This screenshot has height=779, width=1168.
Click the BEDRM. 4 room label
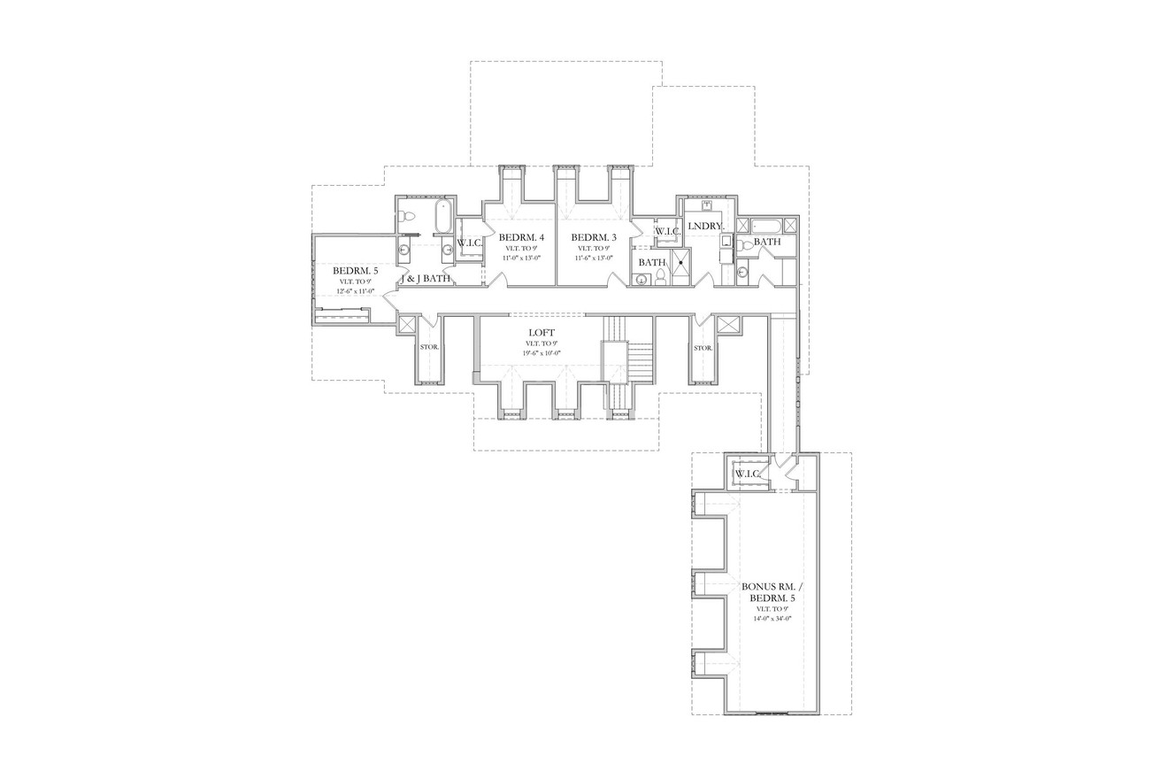(521, 237)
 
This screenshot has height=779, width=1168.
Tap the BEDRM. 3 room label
(593, 237)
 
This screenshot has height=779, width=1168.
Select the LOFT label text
(542, 333)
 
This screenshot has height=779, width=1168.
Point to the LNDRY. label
(705, 227)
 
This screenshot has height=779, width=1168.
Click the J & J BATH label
(426, 279)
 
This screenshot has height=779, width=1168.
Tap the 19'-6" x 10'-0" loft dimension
(542, 353)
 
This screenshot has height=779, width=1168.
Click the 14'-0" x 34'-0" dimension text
(772, 619)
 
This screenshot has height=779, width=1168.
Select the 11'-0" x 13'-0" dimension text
(521, 258)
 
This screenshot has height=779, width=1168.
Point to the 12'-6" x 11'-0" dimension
(355, 291)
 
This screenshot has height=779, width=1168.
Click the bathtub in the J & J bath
(442, 216)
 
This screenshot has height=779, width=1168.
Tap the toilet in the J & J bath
(408, 216)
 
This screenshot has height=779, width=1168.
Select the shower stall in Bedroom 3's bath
(680, 263)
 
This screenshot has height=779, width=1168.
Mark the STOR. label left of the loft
(429, 347)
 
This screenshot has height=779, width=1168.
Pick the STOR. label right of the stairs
(703, 348)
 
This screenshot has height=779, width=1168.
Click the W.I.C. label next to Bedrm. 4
(469, 243)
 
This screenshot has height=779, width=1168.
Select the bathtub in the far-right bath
(766, 225)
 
